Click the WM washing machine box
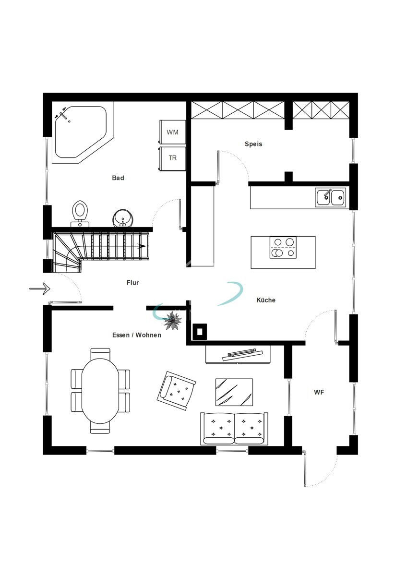(x=172, y=132)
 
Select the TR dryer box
(x=172, y=158)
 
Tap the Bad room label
(x=118, y=178)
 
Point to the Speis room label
(x=253, y=144)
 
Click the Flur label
(x=132, y=283)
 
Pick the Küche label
(x=266, y=300)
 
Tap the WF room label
(x=319, y=392)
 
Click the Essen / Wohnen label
(x=137, y=335)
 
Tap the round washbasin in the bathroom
(x=123, y=218)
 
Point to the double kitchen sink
(x=331, y=197)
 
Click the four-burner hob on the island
(x=283, y=247)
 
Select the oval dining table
(x=100, y=391)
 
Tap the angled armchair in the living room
(x=177, y=391)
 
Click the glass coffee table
(x=234, y=392)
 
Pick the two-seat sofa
(x=234, y=429)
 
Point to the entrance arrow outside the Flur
(x=39, y=288)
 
